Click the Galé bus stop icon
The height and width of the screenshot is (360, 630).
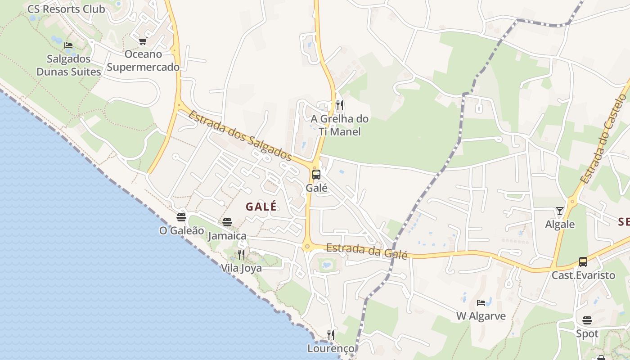(316, 174)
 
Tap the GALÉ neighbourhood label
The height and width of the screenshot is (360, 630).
(261, 207)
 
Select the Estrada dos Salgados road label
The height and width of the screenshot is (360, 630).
(239, 135)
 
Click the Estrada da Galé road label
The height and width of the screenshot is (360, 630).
(367, 251)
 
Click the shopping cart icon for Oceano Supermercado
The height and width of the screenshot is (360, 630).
(143, 41)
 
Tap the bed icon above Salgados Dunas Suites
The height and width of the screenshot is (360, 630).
(68, 45)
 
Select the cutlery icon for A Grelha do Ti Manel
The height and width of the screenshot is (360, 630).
(340, 105)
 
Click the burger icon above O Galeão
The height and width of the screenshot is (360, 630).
(181, 217)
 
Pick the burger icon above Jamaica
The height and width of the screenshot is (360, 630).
(227, 222)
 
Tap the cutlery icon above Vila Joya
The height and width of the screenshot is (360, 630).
(241, 255)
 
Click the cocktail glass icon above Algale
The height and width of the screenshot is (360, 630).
(559, 211)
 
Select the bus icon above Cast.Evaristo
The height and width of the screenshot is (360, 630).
(583, 261)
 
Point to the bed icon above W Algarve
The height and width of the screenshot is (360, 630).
(481, 303)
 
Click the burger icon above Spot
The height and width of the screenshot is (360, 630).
(587, 320)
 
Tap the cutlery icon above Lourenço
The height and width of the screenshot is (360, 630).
(331, 335)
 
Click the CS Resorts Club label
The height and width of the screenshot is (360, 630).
(66, 9)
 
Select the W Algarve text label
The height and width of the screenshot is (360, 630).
(481, 316)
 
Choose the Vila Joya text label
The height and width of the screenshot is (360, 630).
(241, 268)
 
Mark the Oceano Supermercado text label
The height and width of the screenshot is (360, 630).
(143, 61)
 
